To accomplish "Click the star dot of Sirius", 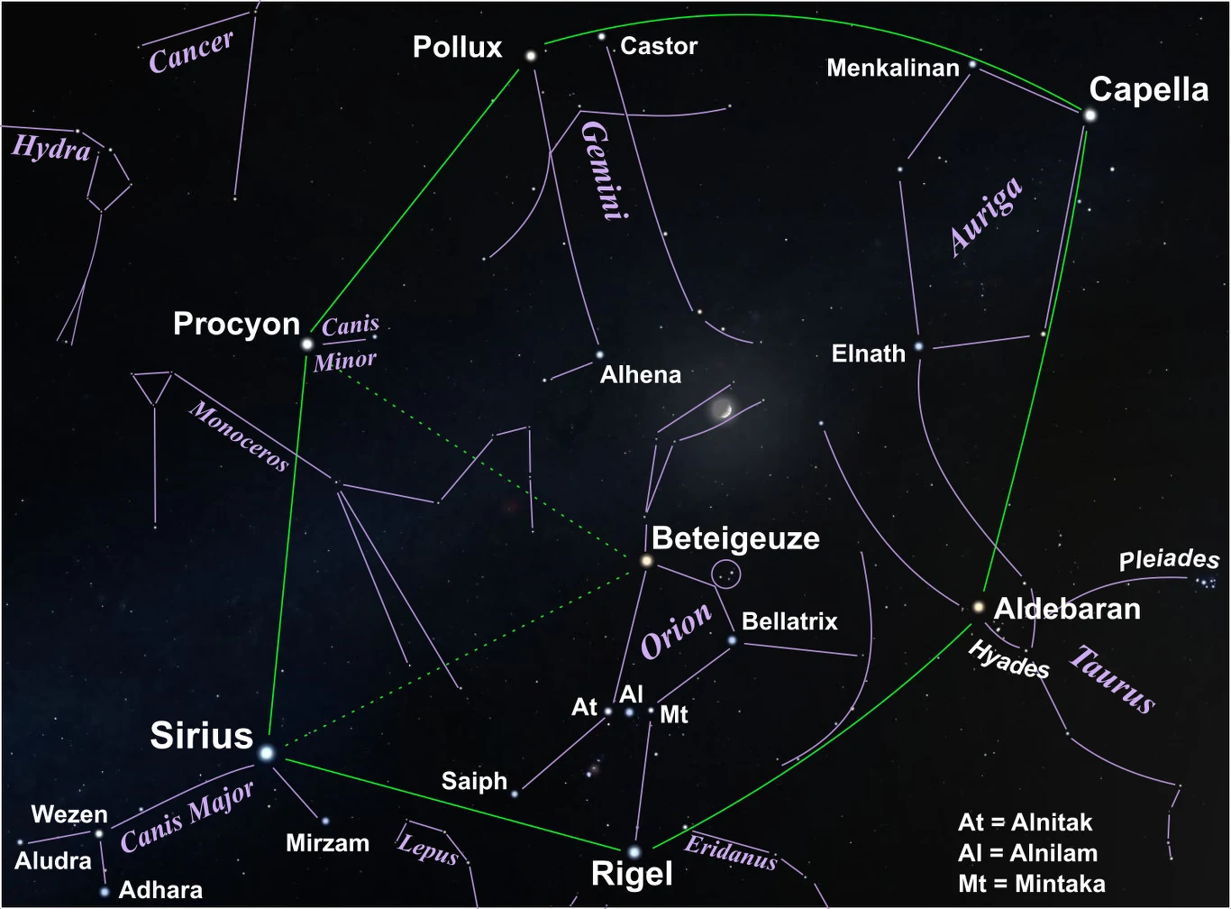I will tap(266, 752).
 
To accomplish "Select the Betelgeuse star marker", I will tap(646, 561).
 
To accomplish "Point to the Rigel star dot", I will tap(634, 851).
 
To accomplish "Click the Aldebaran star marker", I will tap(979, 607).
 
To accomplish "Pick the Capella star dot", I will tap(1090, 115).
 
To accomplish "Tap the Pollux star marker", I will tap(531, 56).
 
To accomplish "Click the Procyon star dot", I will tap(307, 344).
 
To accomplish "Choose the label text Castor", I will tap(659, 46).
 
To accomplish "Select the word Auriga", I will tap(987, 216).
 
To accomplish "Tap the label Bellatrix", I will tap(789, 621).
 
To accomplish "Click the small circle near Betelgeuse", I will tap(726, 574).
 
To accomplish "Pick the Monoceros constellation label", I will tap(239, 436).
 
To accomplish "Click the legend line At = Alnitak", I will tap(1025, 822).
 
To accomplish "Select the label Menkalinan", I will tap(892, 68).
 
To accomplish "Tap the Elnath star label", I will tap(868, 353).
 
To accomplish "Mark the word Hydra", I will tap(51, 147).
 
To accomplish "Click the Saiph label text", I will tap(474, 781).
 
